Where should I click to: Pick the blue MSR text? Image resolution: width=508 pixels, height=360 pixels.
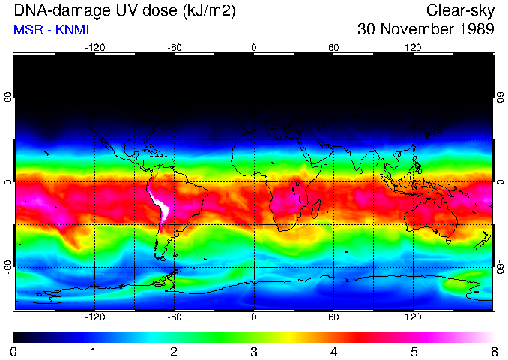[x=26, y=31]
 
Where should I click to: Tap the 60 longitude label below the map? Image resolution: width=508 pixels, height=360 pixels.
[x=333, y=317]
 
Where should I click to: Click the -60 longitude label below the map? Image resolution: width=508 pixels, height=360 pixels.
[x=174, y=317]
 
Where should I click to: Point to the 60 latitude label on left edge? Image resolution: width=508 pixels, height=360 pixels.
[x=8, y=97]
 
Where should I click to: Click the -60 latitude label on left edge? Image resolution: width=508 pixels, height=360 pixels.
[x=8, y=266]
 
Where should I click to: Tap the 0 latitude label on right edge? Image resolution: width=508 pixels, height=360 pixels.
[x=499, y=182]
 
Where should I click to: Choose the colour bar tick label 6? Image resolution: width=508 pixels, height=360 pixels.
[x=494, y=351]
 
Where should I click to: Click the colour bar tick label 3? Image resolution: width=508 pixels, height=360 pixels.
[x=254, y=351]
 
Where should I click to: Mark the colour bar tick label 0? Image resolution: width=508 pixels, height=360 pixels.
[x=14, y=351]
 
